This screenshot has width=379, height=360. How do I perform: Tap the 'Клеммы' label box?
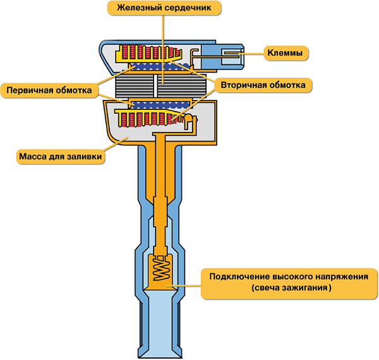coord(285,54)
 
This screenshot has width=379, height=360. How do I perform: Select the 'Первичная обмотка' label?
coord(49,90)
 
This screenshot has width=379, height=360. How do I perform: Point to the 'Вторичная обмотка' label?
coord(264,84)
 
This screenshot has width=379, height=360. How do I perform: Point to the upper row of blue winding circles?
coord(158,66)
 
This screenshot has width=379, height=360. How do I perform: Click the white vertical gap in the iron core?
coord(156,83)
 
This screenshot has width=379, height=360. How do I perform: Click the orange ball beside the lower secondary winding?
coord(187,118)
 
